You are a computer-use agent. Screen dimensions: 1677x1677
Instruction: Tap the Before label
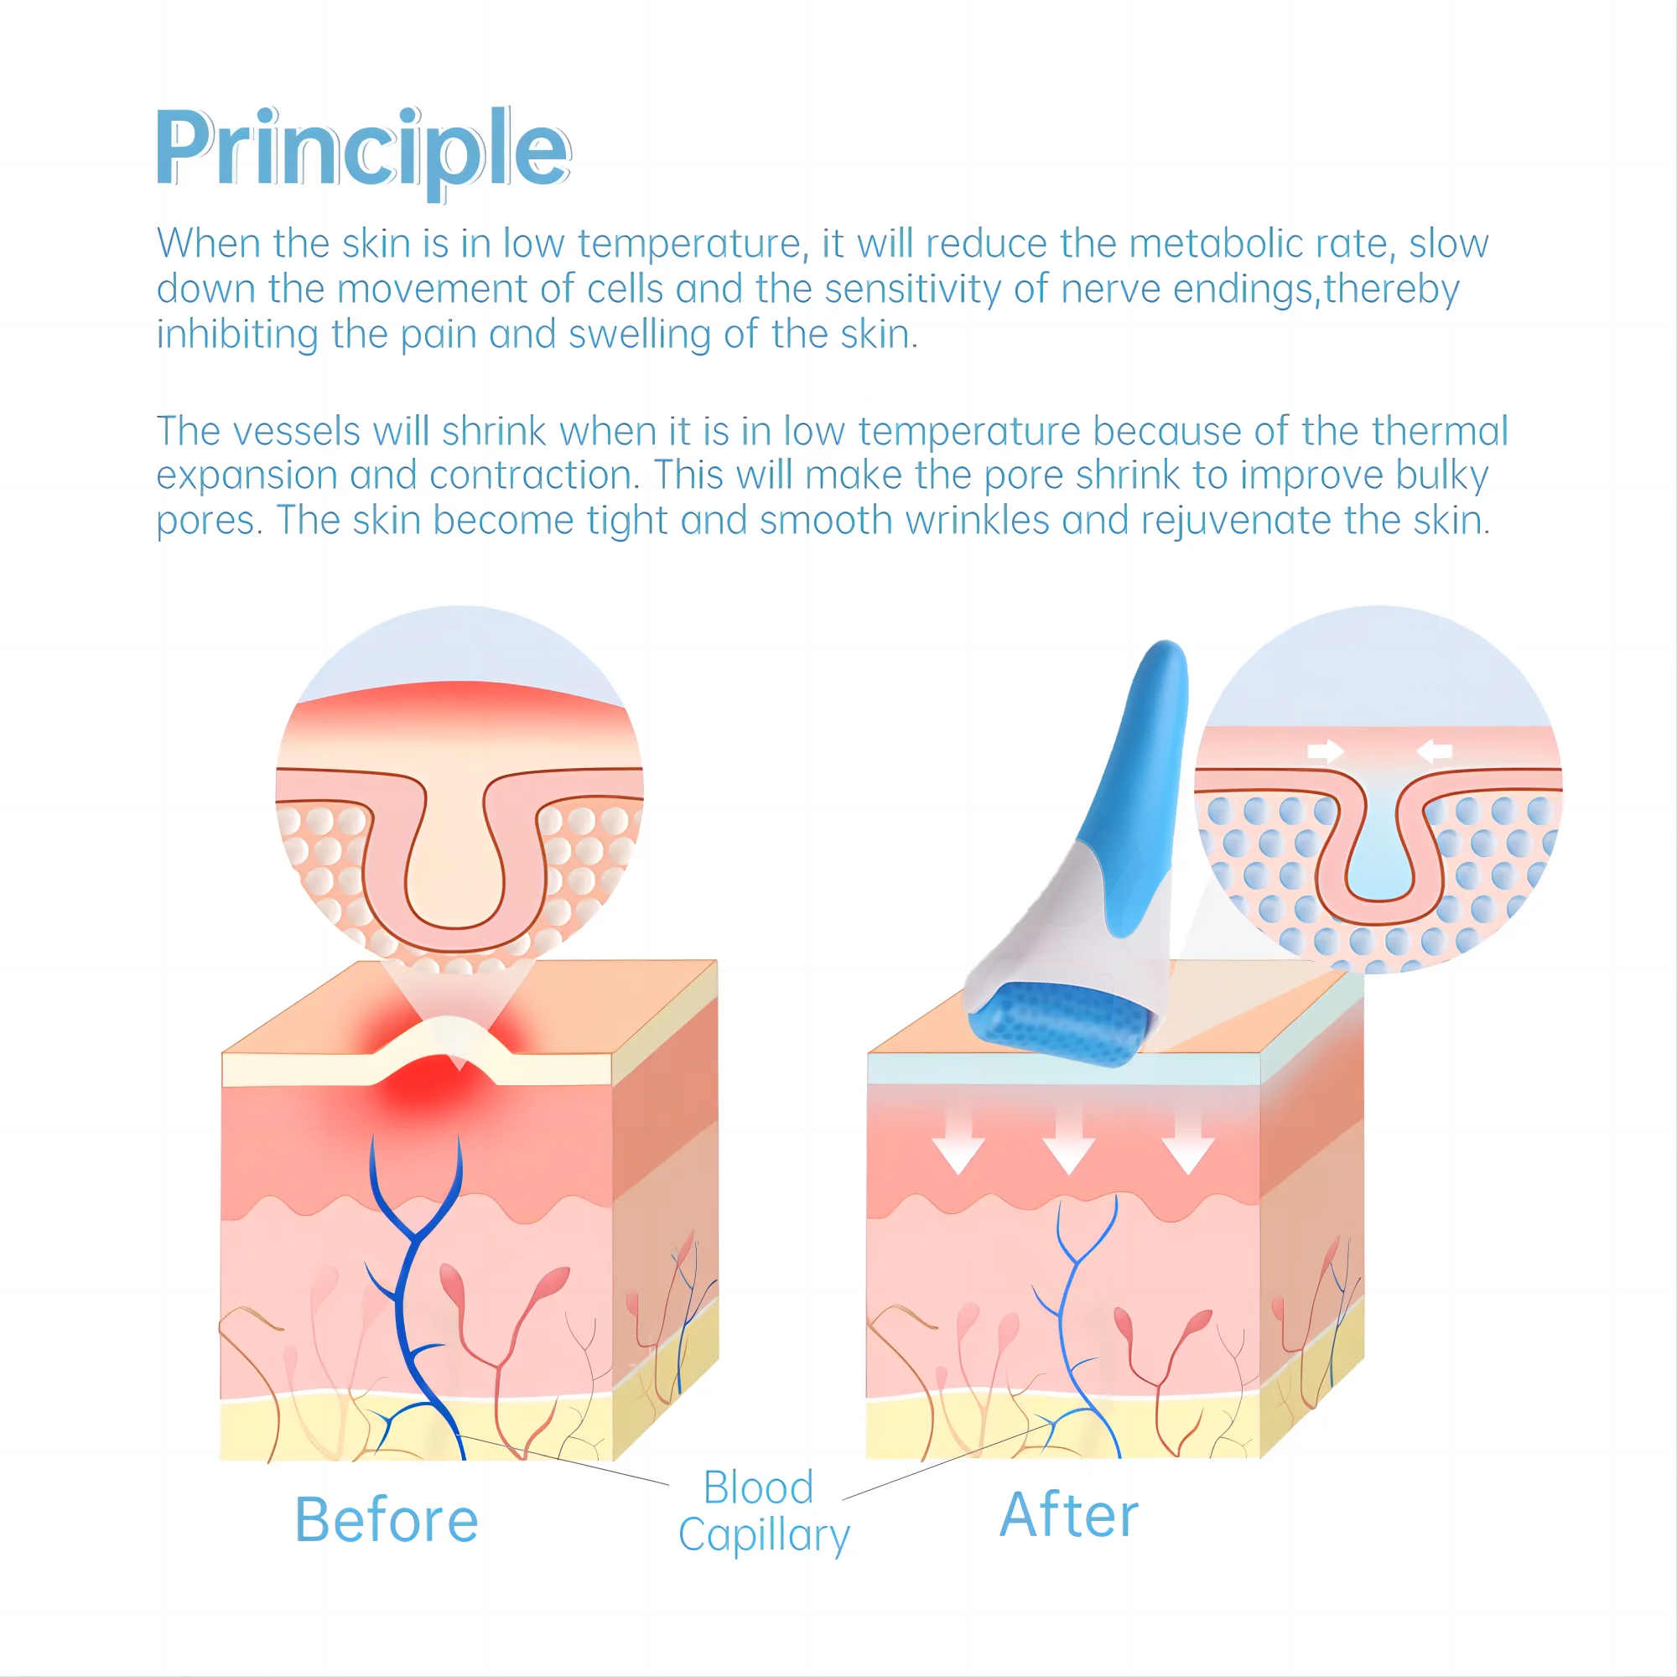pyautogui.click(x=387, y=1520)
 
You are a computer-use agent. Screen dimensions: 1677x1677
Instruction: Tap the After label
pyautogui.click(x=1068, y=1515)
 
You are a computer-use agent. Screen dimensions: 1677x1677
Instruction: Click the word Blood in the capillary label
pyautogui.click(x=758, y=1487)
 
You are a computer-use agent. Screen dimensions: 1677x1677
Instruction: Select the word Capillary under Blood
pyautogui.click(x=764, y=1535)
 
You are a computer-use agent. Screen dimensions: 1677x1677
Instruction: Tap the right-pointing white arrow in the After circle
pyautogui.click(x=1325, y=750)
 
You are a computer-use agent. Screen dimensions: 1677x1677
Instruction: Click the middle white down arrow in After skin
pyautogui.click(x=1068, y=1145)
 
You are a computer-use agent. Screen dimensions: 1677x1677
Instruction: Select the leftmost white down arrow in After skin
pyautogui.click(x=958, y=1145)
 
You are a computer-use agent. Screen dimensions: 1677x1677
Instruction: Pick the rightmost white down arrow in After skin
pyautogui.click(x=1187, y=1145)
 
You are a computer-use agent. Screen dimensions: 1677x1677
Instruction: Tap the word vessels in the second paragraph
pyautogui.click(x=296, y=431)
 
